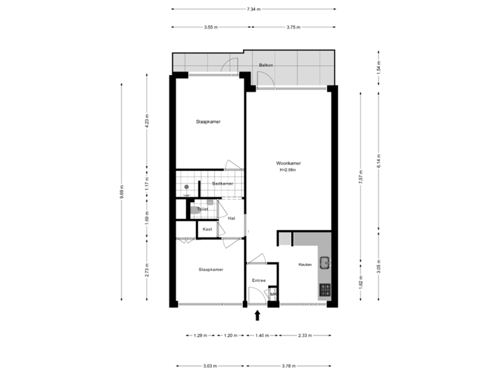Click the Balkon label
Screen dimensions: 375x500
click(x=265, y=65)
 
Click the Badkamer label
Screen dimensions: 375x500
click(x=222, y=183)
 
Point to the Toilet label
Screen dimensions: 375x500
click(x=203, y=208)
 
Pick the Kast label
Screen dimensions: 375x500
click(x=207, y=229)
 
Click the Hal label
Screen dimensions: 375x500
click(x=231, y=218)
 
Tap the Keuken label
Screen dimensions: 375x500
click(x=304, y=265)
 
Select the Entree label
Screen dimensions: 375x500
click(x=258, y=281)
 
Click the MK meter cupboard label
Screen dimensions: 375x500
click(x=273, y=294)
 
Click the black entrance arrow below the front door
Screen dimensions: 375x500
click(x=258, y=316)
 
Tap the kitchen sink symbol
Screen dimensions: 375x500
click(x=324, y=262)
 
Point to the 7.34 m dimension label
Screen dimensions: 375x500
click(x=253, y=9)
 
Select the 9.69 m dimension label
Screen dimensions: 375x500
click(x=122, y=192)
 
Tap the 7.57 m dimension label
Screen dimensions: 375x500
click(x=360, y=177)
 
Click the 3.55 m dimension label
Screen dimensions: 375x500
click(x=211, y=27)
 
